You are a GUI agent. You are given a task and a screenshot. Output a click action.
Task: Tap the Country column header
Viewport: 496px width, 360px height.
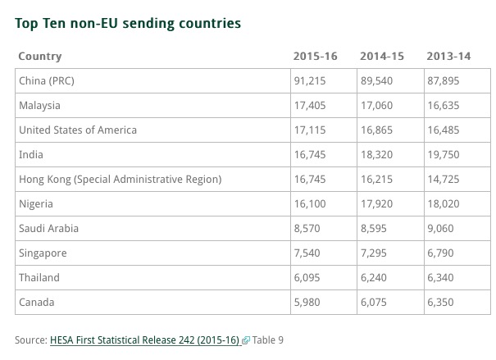(x=39, y=57)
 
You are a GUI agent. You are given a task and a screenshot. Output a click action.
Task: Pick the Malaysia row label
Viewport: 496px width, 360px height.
(x=39, y=106)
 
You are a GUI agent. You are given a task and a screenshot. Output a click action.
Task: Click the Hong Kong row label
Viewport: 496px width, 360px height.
(x=120, y=179)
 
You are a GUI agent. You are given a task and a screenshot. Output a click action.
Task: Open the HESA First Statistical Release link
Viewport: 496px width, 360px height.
(x=144, y=339)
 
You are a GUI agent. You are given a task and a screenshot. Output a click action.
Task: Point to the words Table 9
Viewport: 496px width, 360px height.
(x=267, y=339)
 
